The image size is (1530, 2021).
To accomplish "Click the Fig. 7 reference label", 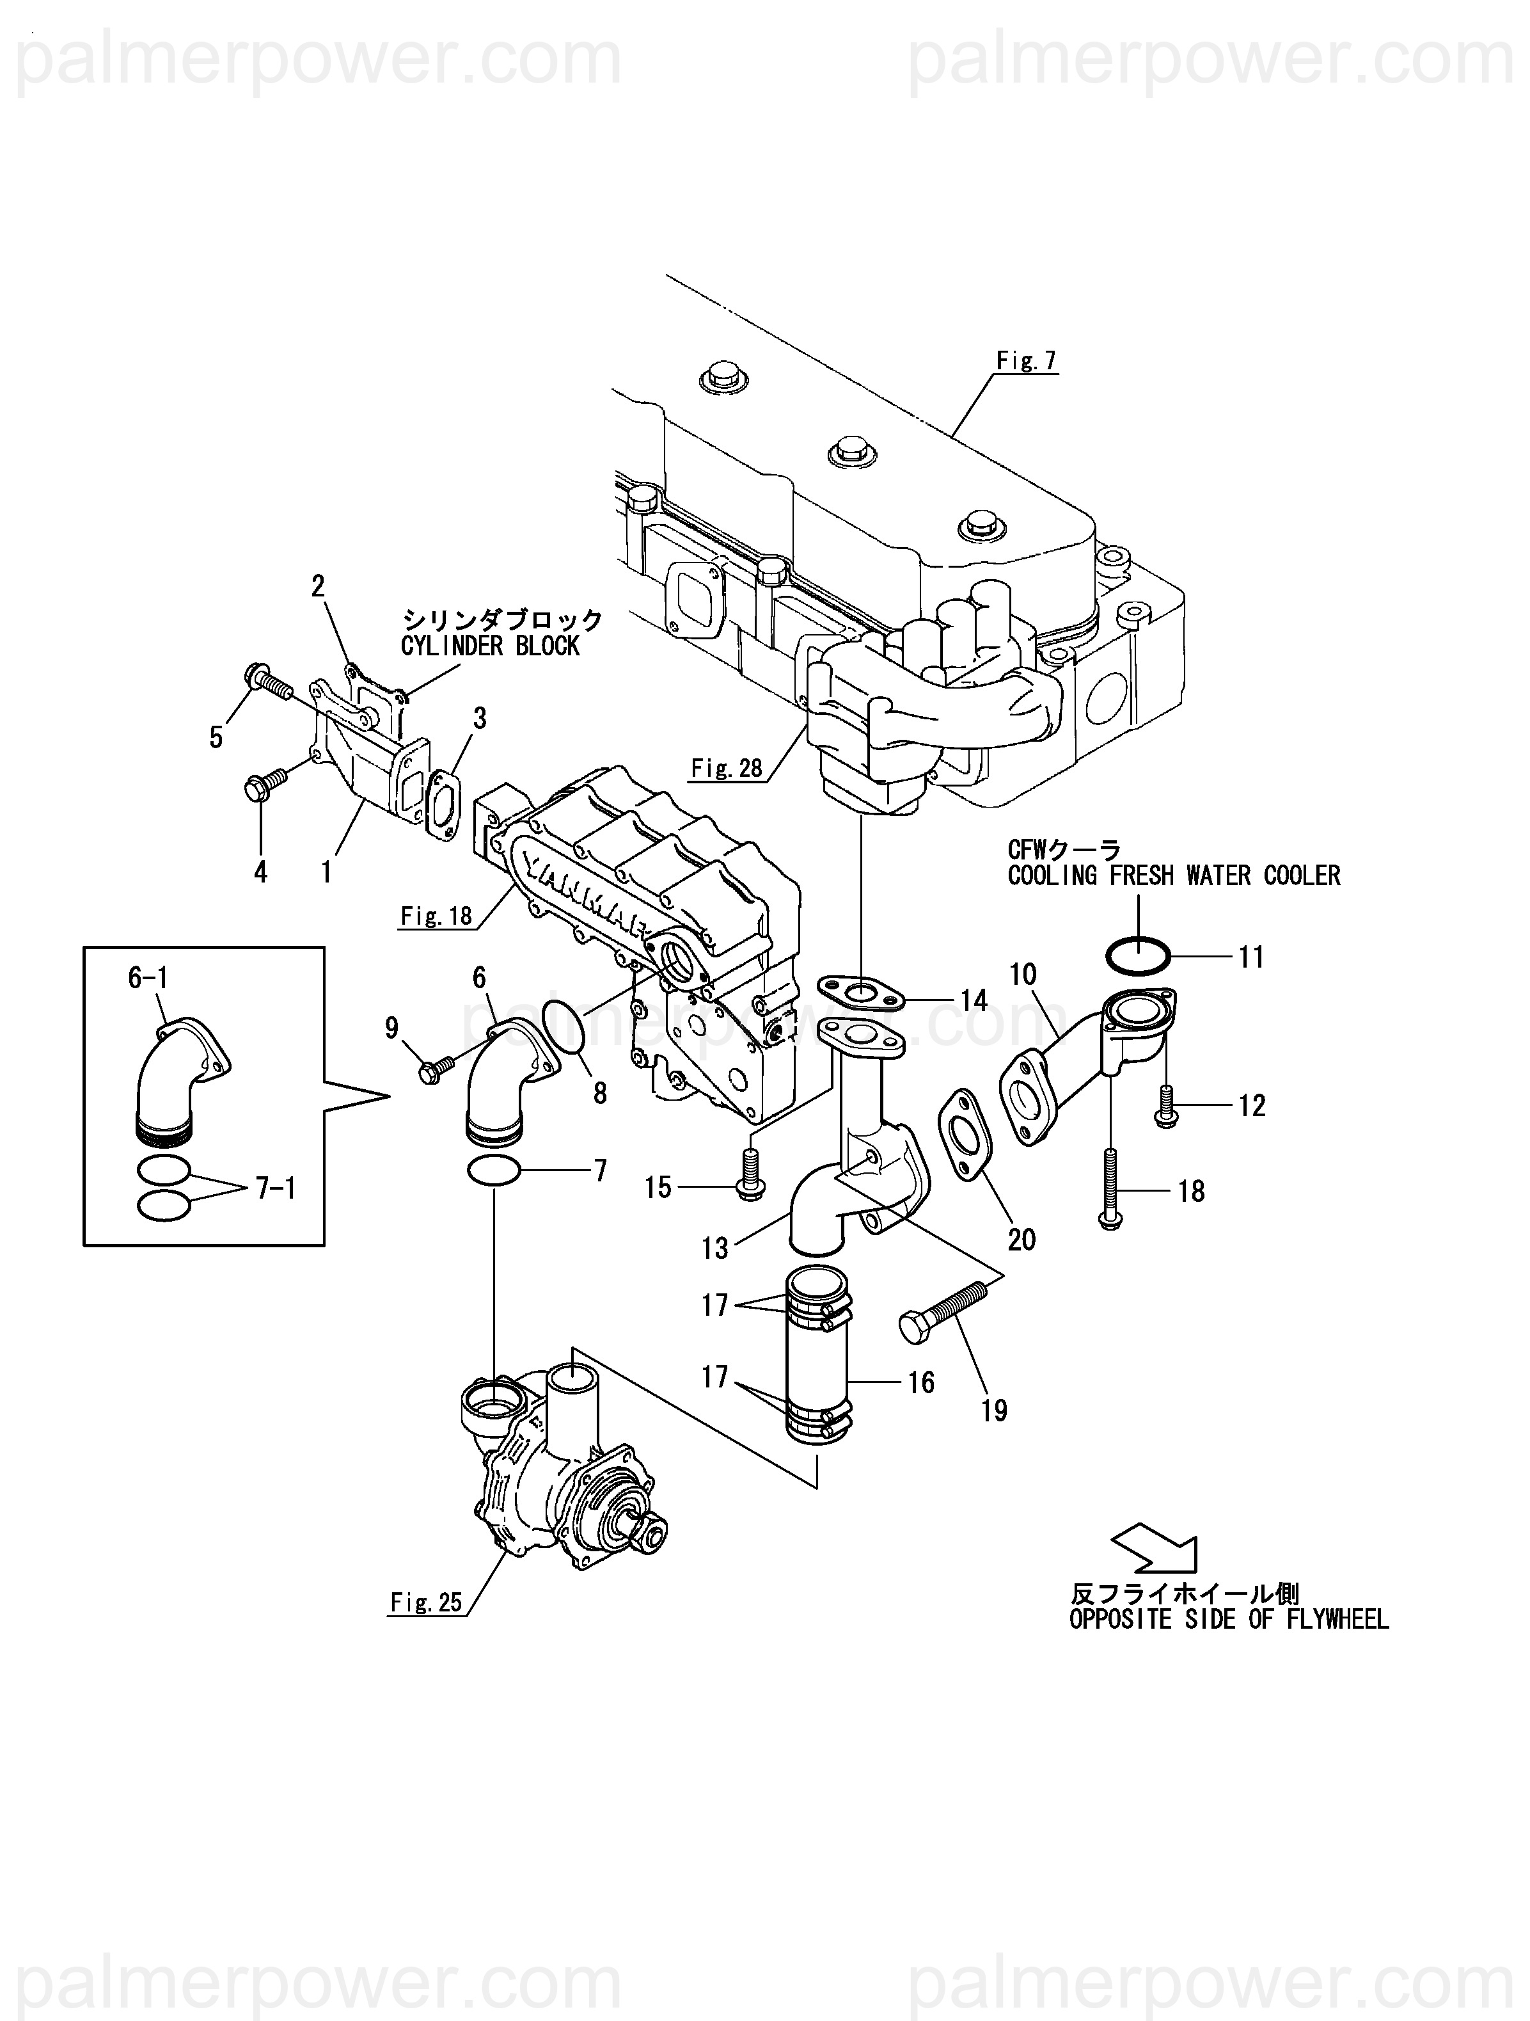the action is tap(1026, 362).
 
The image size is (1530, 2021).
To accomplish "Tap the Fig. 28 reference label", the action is tap(726, 769).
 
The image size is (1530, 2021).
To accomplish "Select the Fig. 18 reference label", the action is tap(437, 916).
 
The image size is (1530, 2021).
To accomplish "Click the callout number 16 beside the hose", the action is tap(920, 1382).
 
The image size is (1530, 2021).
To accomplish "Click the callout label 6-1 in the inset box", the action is tap(148, 979).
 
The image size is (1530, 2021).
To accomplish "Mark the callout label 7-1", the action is tap(276, 1188).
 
